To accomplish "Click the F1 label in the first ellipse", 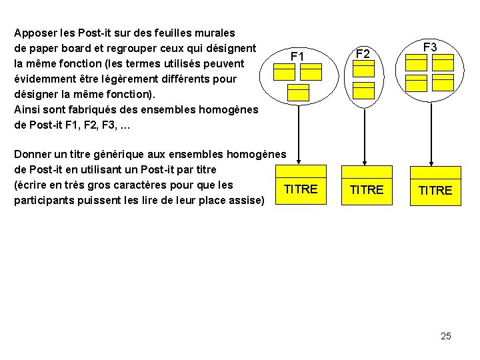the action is pyautogui.click(x=297, y=57).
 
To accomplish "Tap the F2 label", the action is pyautogui.click(x=363, y=53).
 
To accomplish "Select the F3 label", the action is pyautogui.click(x=430, y=47).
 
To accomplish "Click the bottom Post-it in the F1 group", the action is pyautogui.click(x=298, y=92).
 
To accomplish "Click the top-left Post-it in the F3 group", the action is pyautogui.click(x=417, y=62).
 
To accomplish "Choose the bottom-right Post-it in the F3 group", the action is pyautogui.click(x=443, y=83).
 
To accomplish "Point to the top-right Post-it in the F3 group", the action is pyautogui.click(x=443, y=62).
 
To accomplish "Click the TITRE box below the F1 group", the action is pyautogui.click(x=301, y=189).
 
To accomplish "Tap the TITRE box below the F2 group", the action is pyautogui.click(x=366, y=190).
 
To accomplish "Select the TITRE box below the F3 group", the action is pyautogui.click(x=435, y=191).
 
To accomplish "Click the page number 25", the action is pyautogui.click(x=445, y=336).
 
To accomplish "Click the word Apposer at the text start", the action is pyautogui.click(x=35, y=32).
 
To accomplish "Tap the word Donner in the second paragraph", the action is pyautogui.click(x=33, y=154).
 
